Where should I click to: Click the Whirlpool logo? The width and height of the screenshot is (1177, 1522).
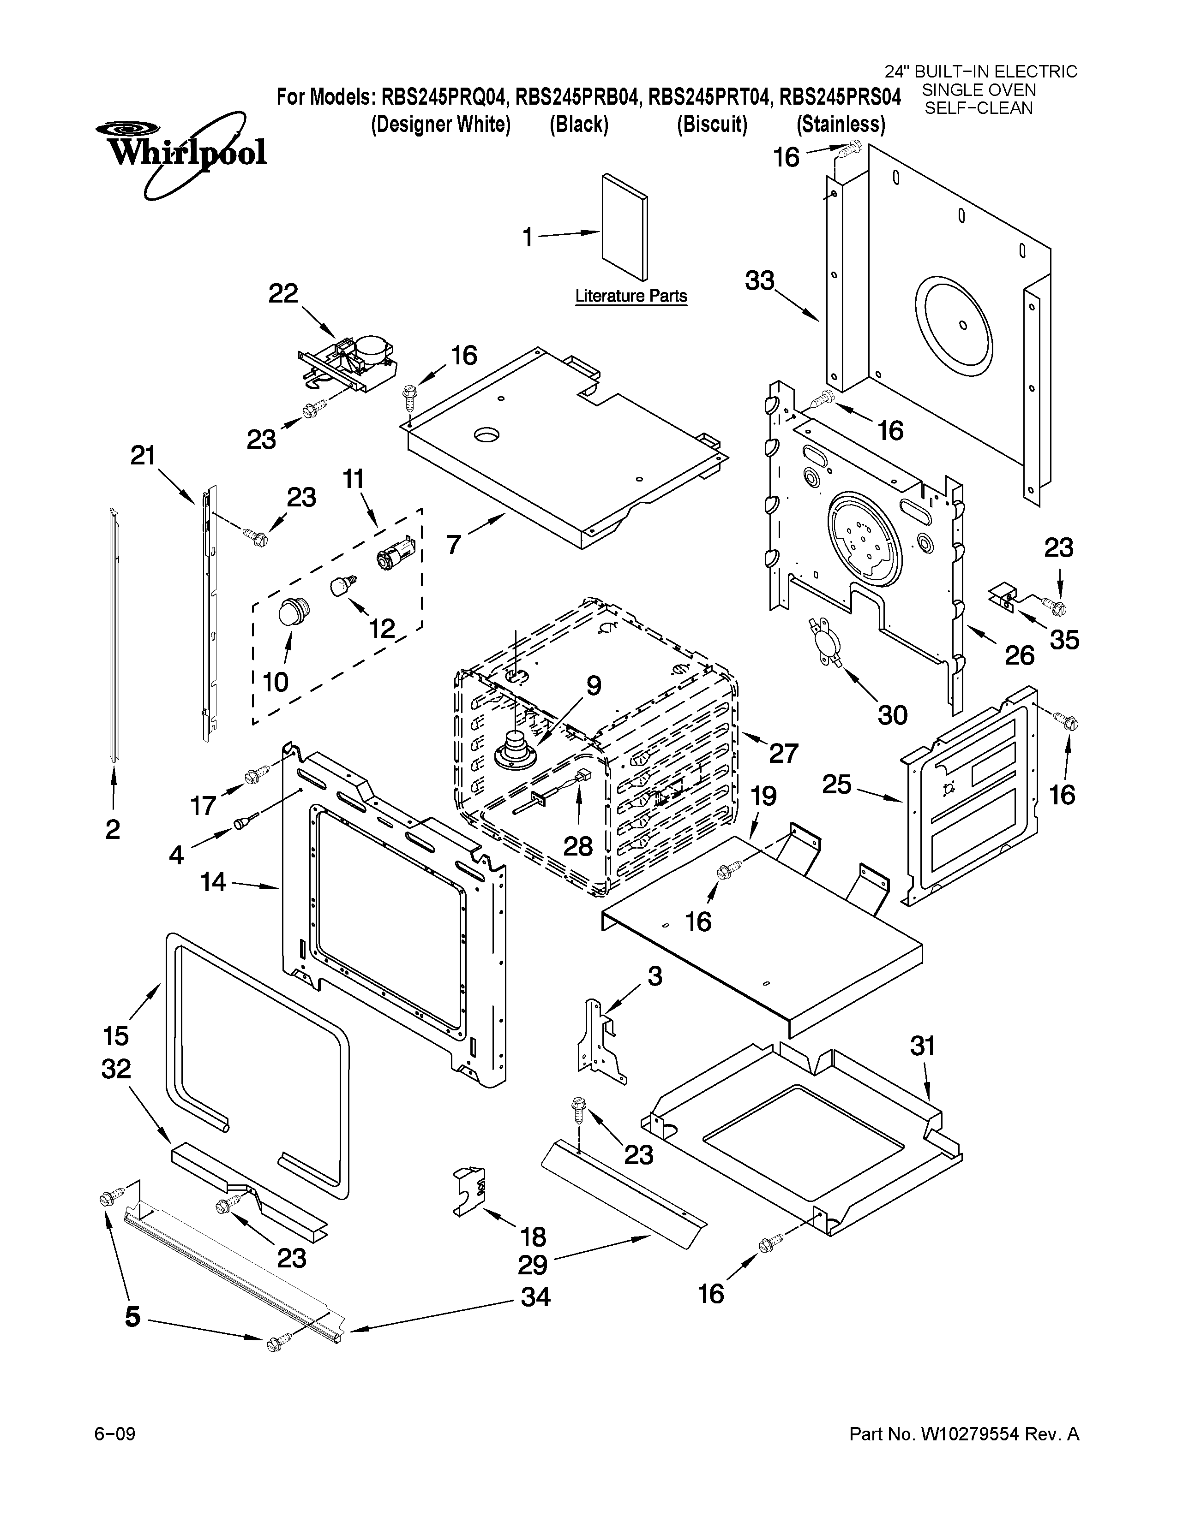[x=183, y=150]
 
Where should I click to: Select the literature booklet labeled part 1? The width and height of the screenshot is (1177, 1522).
[x=624, y=228]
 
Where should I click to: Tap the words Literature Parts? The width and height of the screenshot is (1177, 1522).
[x=631, y=296]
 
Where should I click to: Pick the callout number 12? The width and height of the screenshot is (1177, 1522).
[x=381, y=629]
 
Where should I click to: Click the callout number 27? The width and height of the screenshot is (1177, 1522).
[x=782, y=753]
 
